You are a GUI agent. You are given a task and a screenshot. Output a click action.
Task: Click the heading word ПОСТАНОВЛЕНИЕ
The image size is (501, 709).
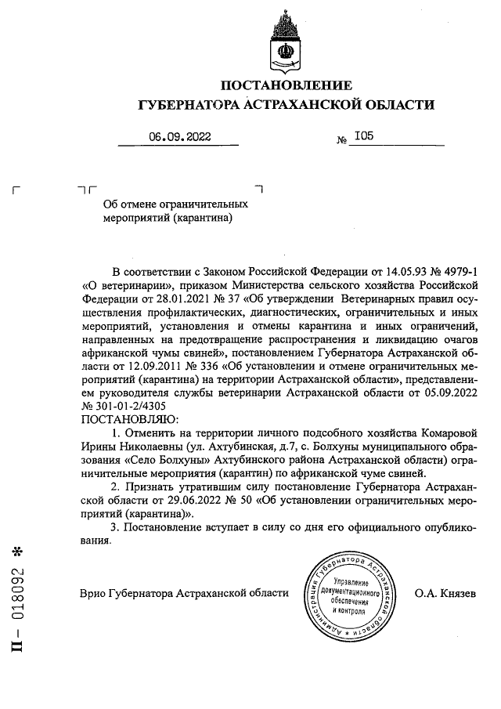coord(286,85)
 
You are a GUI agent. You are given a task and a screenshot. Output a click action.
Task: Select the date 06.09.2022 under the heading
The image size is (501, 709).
coord(180,136)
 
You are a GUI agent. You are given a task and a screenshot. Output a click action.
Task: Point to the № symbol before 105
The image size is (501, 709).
coord(341,140)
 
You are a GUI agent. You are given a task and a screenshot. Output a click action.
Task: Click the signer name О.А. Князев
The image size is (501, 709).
coord(444,593)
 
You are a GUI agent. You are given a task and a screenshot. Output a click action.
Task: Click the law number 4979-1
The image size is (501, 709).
coord(456,269)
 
